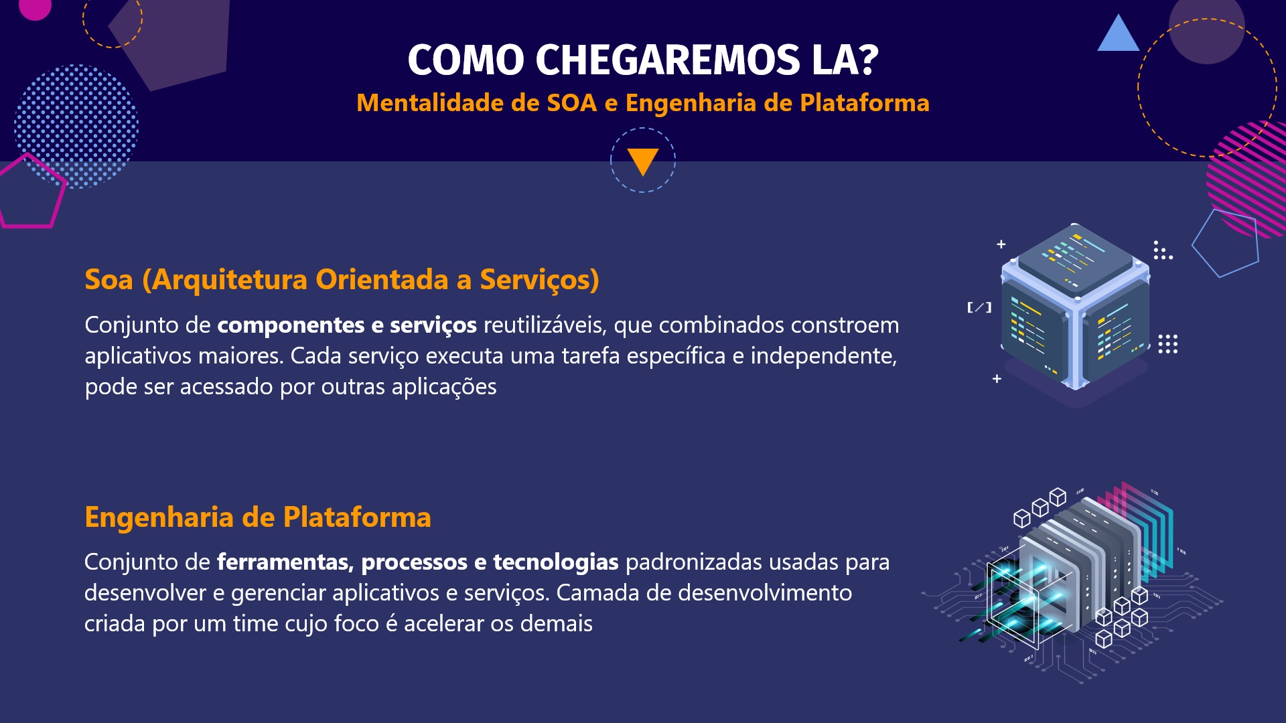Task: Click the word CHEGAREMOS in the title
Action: [667, 60]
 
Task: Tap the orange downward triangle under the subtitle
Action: [643, 161]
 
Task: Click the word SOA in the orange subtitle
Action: [571, 103]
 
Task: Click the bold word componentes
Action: [290, 325]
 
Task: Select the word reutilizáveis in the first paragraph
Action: [545, 325]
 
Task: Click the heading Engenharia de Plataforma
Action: [258, 517]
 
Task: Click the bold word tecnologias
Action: [555, 562]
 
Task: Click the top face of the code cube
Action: [1075, 258]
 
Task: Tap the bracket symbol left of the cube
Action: [979, 307]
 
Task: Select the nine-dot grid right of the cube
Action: [1167, 344]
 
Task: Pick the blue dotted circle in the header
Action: [76, 125]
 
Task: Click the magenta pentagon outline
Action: [30, 194]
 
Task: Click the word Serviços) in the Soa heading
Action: [539, 280]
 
